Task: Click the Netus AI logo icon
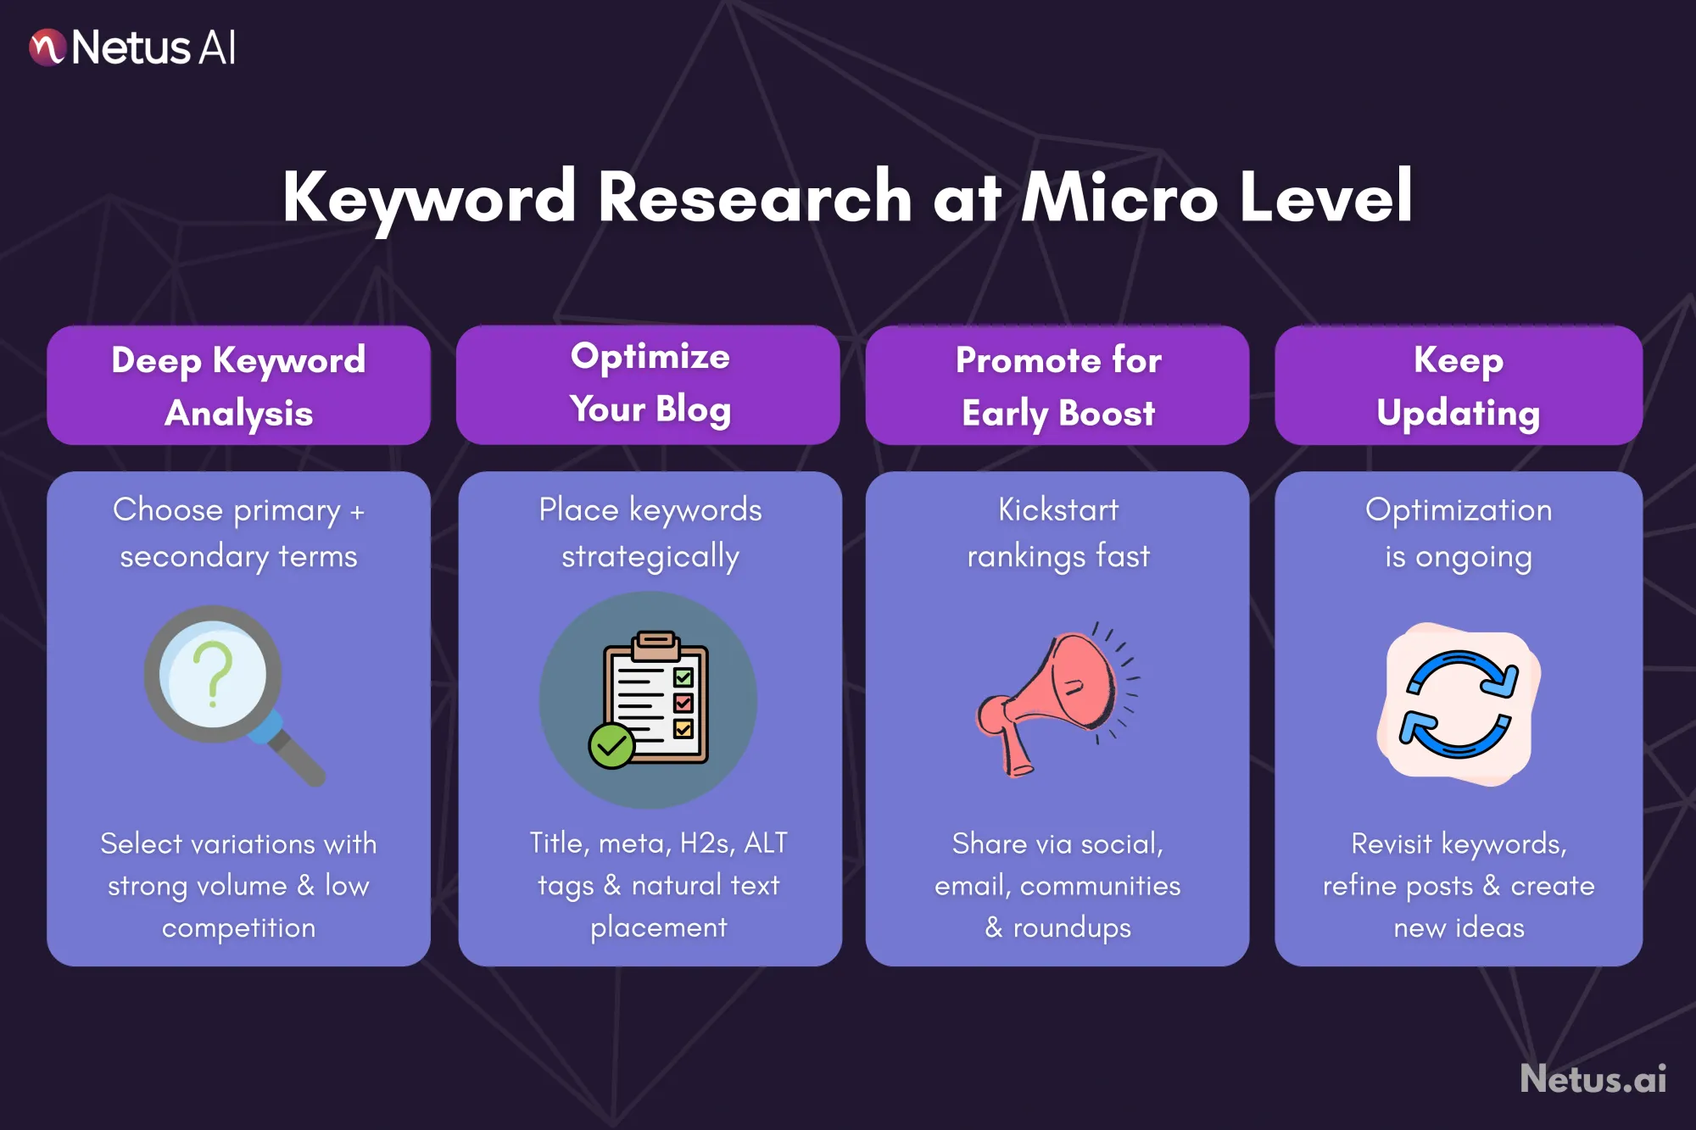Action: point(47,47)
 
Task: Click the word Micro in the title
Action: point(1120,198)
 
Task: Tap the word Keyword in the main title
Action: point(429,198)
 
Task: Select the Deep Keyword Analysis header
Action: point(238,386)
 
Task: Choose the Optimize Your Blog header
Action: point(649,384)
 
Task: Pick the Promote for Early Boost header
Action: point(1057,386)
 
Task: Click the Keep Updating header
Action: point(1459,386)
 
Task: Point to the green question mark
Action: point(214,673)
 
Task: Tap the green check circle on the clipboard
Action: point(611,746)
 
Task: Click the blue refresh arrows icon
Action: point(1459,704)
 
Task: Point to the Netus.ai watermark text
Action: point(1593,1078)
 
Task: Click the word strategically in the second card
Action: point(650,557)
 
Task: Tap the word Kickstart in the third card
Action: point(1058,509)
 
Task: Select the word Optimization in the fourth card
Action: point(1459,509)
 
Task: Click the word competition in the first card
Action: point(238,927)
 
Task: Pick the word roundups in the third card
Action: point(1072,927)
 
